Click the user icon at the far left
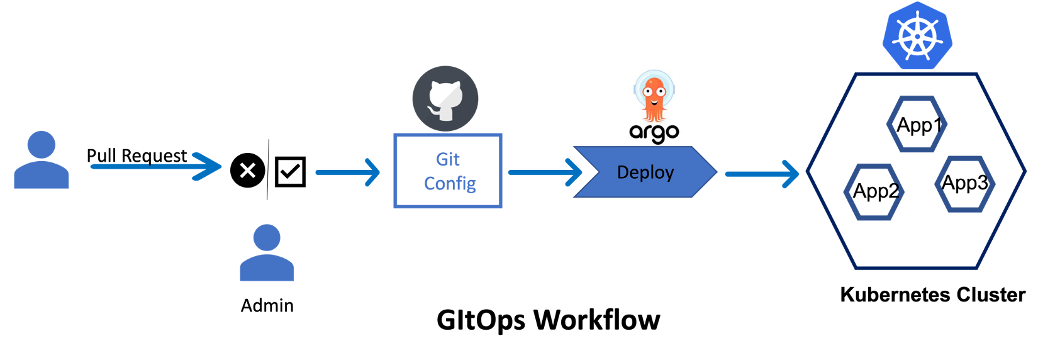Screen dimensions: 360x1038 42,160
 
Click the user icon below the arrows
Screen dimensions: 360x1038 267,253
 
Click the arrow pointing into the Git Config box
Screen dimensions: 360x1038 348,172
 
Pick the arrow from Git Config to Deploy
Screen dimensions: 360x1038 545,172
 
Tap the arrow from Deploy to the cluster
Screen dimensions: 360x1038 761,174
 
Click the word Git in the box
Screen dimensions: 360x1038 448,160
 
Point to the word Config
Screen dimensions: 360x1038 450,184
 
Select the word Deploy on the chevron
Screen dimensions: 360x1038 645,172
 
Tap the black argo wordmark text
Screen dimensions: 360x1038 654,133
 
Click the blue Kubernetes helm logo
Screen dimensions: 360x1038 917,35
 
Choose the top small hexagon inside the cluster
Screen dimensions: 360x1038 917,124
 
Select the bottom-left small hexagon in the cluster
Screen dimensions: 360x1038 873,192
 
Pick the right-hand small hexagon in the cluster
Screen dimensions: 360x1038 964,184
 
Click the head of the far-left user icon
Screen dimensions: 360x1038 42,145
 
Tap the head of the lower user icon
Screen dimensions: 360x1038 267,238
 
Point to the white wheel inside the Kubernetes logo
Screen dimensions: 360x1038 917,36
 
